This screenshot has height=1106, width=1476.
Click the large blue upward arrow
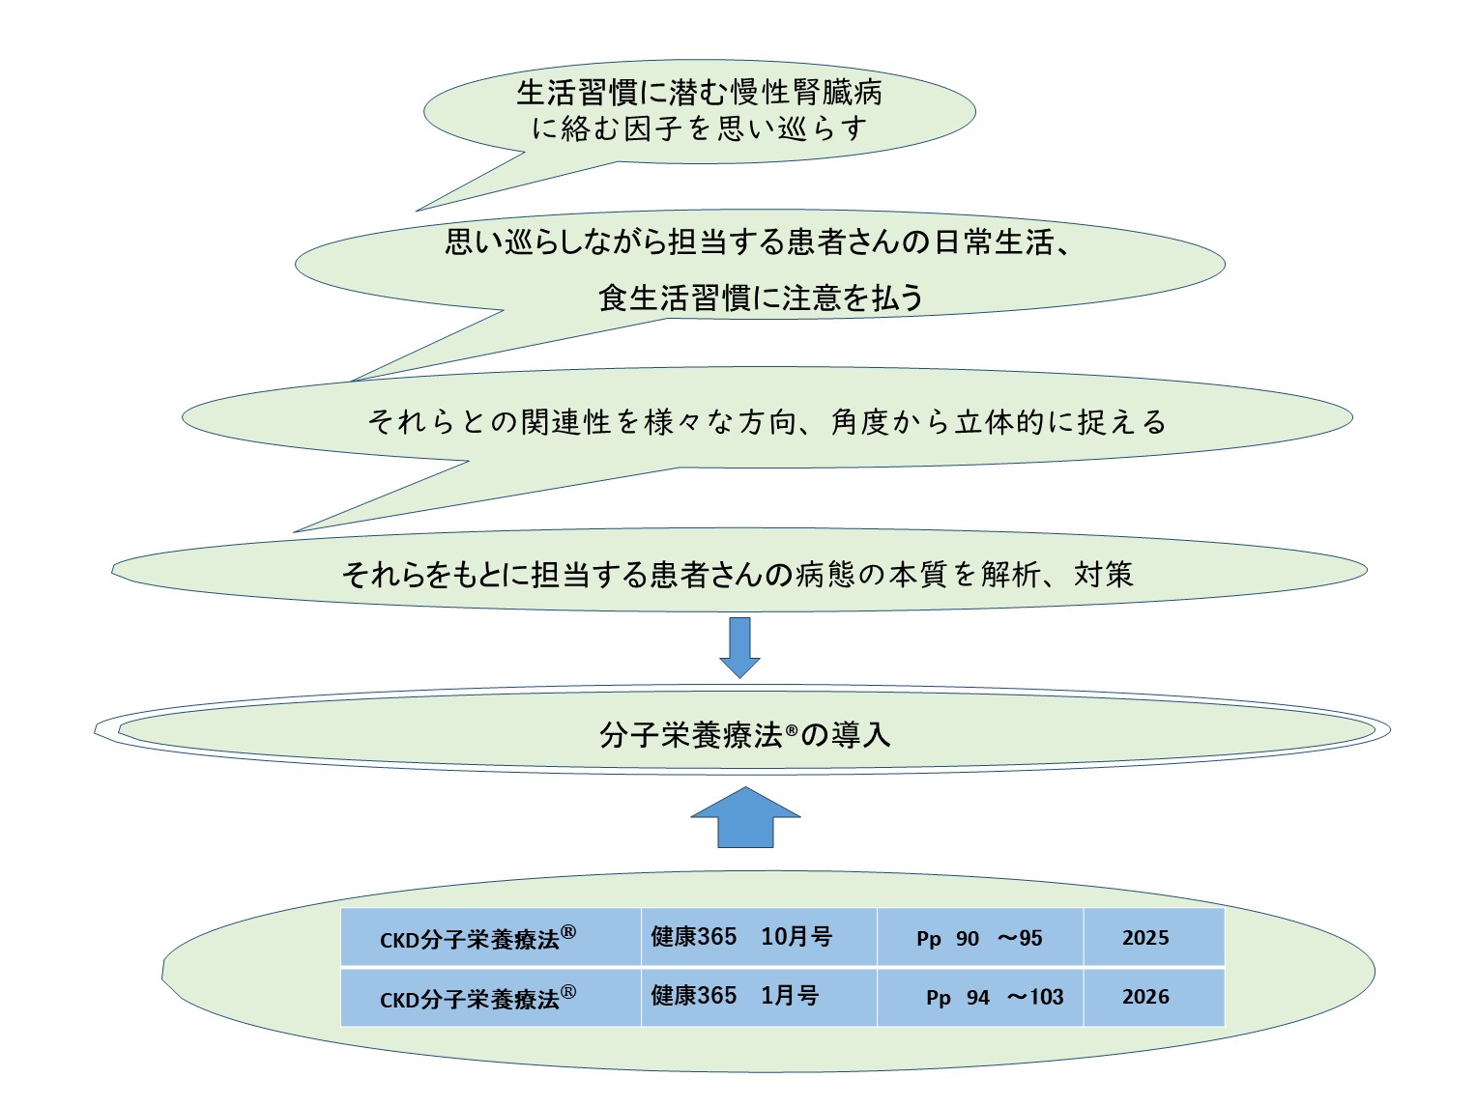click(x=745, y=819)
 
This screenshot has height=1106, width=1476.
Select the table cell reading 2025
click(x=1145, y=938)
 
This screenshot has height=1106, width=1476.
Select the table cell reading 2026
click(x=1145, y=997)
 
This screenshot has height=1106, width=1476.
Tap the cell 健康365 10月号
click(x=741, y=937)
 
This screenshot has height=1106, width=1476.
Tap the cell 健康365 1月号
click(x=735, y=996)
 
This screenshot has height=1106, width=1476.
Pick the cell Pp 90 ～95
click(x=979, y=938)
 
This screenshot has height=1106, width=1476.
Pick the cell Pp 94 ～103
click(x=994, y=997)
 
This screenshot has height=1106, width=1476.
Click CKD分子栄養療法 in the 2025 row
click(x=478, y=939)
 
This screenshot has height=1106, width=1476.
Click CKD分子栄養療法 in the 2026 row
click(x=478, y=998)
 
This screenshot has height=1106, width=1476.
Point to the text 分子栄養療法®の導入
click(x=744, y=735)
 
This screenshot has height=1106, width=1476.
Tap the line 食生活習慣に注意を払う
click(x=761, y=298)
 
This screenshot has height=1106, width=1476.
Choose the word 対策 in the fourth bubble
click(x=1103, y=575)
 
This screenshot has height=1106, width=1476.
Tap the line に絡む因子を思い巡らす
click(x=699, y=128)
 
